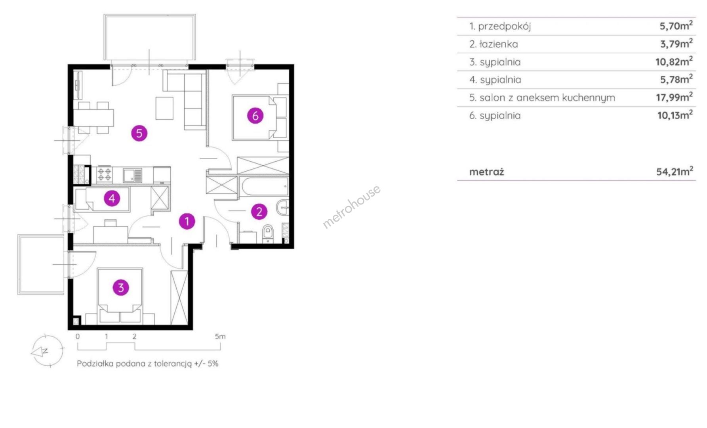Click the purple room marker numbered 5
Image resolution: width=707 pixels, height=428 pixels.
tap(139, 133)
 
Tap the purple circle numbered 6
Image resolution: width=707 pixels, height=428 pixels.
tap(255, 116)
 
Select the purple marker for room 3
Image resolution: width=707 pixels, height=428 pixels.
tap(121, 287)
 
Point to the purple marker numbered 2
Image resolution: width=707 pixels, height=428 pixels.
tap(259, 211)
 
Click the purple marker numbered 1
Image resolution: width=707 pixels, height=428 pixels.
tap(187, 221)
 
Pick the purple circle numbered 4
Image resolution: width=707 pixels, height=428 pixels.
tap(112, 198)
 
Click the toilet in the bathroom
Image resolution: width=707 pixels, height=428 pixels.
tap(268, 233)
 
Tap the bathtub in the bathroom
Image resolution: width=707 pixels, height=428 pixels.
tap(264, 187)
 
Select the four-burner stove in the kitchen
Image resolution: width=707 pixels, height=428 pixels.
tap(105, 175)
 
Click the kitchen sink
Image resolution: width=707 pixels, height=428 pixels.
tap(132, 175)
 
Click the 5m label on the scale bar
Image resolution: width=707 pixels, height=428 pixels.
tap(220, 336)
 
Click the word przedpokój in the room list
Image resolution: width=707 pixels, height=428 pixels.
tap(504, 27)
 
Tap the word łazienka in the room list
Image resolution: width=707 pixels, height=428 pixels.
tap(499, 44)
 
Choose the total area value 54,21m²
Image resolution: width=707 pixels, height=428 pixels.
tap(675, 171)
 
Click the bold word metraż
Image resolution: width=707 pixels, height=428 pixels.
tap(486, 172)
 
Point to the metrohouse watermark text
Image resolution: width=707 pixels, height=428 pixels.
tap(352, 206)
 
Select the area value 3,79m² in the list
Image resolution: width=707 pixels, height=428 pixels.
tap(676, 43)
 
